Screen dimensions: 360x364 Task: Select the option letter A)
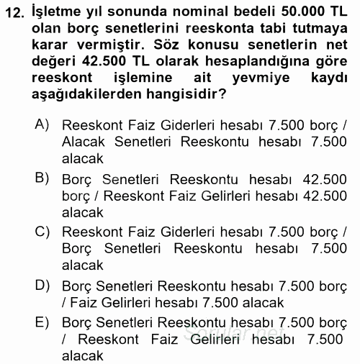click(42, 124)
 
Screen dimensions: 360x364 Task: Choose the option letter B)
click(42, 177)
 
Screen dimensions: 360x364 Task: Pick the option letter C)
click(42, 231)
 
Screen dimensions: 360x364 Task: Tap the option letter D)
click(42, 285)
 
